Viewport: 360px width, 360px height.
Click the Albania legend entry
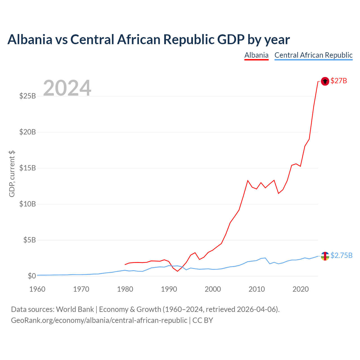click(256, 55)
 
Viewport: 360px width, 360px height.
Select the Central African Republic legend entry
click(313, 55)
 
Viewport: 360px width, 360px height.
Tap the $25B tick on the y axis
click(28, 96)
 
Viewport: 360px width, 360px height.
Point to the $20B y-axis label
click(28, 132)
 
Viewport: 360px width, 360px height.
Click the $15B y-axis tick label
click(28, 168)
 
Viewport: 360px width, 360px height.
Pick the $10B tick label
click(28, 204)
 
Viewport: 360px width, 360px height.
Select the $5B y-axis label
click(30, 240)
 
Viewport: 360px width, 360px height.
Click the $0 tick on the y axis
click(32, 276)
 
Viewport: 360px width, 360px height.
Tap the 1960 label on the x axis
click(37, 289)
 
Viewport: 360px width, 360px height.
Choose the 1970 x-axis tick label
click(81, 289)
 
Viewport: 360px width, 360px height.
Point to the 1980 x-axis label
click(125, 289)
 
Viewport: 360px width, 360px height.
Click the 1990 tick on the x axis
click(169, 289)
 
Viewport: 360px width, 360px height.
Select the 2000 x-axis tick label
click(213, 289)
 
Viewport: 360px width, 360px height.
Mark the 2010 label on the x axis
click(257, 289)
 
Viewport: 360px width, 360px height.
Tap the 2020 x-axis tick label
click(301, 289)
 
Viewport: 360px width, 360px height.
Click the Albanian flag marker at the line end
click(325, 81)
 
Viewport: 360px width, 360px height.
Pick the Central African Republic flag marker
click(325, 256)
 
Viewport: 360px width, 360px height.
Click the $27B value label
click(339, 81)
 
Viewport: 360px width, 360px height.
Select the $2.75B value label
click(341, 255)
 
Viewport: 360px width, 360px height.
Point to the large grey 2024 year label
click(67, 88)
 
